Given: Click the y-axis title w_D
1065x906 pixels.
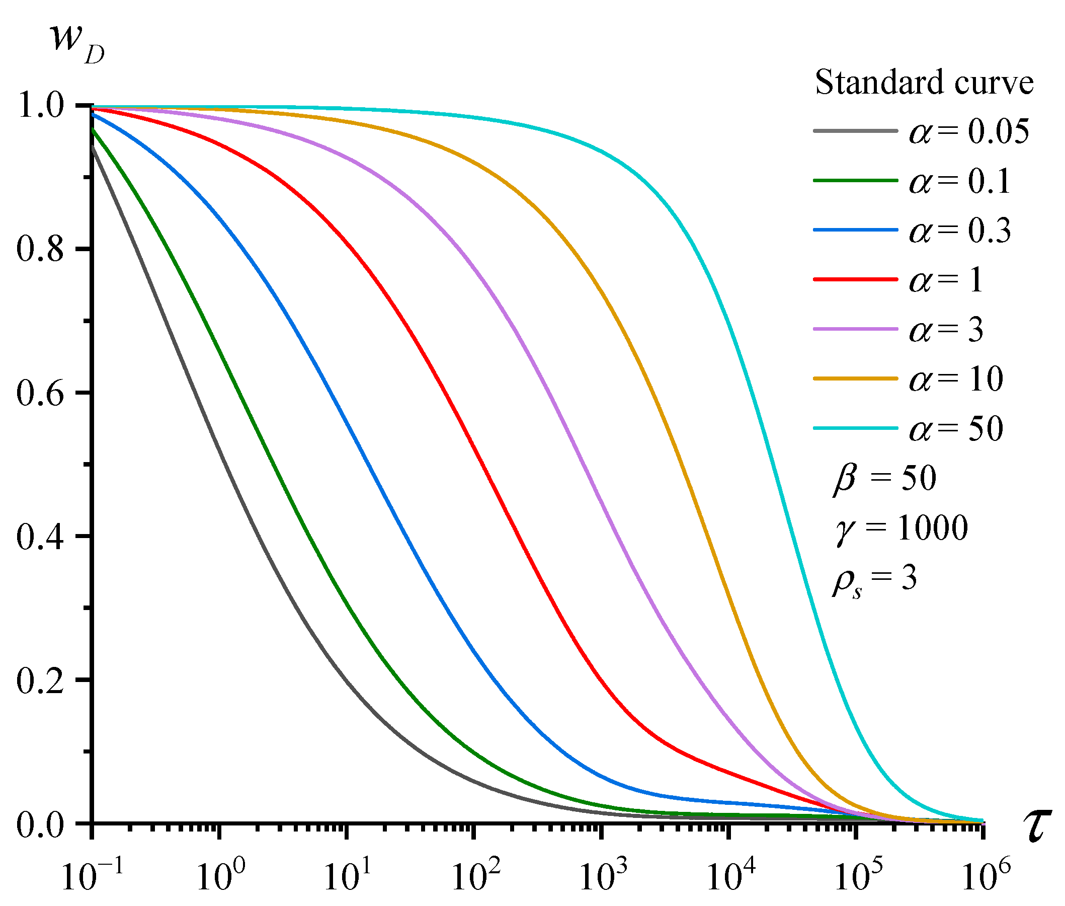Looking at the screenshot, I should click(x=77, y=44).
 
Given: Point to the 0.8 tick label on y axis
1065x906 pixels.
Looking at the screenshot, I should click(x=40, y=249).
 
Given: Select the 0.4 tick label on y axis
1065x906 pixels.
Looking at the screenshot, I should click(x=40, y=537).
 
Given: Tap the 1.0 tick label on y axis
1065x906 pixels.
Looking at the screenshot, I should click(x=40, y=106).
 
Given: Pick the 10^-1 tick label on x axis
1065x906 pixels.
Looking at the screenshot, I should click(x=92, y=876).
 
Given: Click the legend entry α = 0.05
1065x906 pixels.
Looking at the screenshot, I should click(x=968, y=131).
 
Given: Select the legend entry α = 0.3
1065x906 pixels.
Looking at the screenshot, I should click(x=959, y=231).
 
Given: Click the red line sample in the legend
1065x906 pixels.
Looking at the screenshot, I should click(x=855, y=279).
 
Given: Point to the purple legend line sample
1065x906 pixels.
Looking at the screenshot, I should click(x=855, y=329).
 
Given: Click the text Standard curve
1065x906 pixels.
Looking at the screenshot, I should click(x=923, y=82).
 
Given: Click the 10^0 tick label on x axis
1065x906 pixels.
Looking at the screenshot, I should click(x=220, y=876).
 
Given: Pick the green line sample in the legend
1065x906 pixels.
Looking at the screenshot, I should click(x=855, y=181).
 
